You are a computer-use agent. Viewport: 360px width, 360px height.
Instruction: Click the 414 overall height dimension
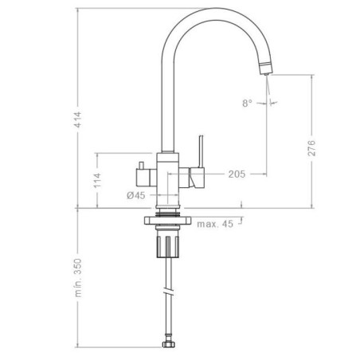coord(78,119)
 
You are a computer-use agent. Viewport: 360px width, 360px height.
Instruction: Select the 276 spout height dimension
coord(311,147)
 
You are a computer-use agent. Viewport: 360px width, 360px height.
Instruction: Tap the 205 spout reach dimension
coord(237,174)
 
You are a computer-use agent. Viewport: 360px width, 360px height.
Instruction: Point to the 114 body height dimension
coord(98,180)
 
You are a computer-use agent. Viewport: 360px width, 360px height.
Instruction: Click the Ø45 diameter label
coord(136,196)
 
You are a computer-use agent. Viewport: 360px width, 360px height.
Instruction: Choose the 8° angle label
coord(247,103)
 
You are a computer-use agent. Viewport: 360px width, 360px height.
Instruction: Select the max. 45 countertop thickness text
coord(215,224)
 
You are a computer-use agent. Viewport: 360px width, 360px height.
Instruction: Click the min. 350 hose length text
coord(78,278)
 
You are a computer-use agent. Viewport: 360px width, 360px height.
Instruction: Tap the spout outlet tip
coord(267,73)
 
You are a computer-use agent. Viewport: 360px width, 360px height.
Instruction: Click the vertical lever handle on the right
coord(201,151)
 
